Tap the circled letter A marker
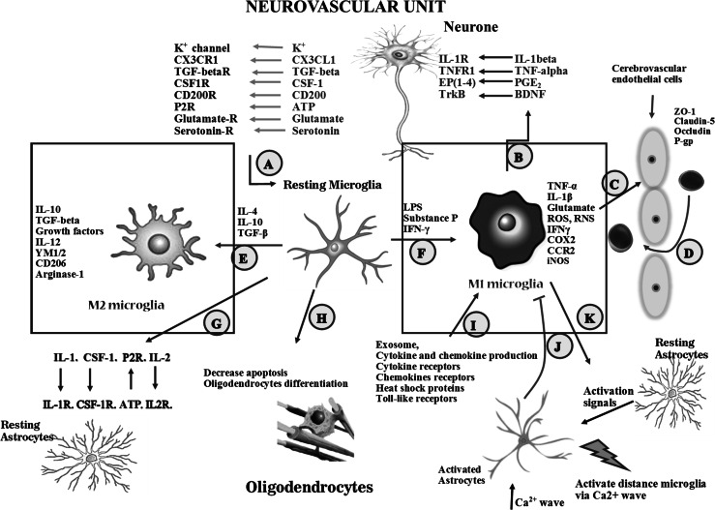[x=273, y=164]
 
